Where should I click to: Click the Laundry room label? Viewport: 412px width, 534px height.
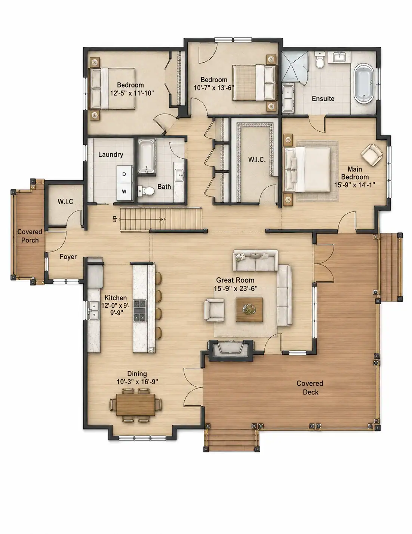tap(111, 154)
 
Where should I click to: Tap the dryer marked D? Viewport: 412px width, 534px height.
tap(124, 174)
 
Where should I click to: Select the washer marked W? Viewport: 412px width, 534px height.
tap(124, 192)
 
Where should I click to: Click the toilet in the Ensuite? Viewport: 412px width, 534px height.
tap(320, 60)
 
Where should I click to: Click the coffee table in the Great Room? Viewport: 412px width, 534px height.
tap(249, 309)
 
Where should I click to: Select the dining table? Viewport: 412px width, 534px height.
tap(136, 405)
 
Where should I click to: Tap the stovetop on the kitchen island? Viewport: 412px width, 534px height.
tap(140, 311)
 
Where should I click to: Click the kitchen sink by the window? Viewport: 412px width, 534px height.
tap(94, 310)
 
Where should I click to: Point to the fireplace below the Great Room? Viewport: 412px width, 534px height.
tap(230, 350)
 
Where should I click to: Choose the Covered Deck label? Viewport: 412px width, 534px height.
tap(310, 388)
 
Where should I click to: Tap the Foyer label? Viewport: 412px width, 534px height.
tap(68, 257)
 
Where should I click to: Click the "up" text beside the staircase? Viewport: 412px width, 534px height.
tap(114, 219)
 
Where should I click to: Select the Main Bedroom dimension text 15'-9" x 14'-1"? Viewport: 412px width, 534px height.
tap(354, 185)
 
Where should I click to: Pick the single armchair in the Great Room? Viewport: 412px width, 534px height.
tap(214, 310)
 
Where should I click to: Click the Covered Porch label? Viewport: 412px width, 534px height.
tap(30, 236)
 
